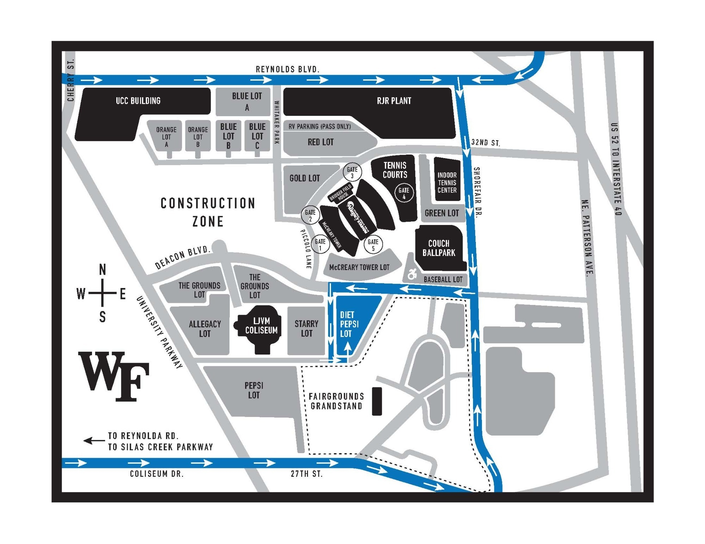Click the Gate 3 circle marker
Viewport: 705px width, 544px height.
(352, 172)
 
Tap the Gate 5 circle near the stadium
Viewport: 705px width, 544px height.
(373, 244)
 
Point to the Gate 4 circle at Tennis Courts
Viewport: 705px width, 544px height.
(404, 193)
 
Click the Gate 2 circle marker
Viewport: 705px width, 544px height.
(310, 215)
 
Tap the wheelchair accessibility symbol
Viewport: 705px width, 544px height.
(412, 274)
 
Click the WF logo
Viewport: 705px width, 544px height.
(114, 376)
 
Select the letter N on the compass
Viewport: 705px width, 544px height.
(102, 270)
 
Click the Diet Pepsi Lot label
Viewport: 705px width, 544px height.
(349, 324)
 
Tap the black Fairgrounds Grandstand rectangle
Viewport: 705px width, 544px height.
(377, 401)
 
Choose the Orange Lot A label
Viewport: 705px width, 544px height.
(166, 137)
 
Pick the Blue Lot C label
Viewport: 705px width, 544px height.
(257, 136)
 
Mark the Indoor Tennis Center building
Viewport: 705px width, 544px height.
(447, 182)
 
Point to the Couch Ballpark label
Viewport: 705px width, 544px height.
(439, 248)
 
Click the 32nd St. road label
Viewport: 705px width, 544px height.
(485, 143)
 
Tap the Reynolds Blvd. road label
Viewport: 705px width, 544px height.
(287, 69)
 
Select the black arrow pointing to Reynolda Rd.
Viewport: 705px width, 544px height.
(94, 440)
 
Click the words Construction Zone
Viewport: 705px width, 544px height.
(208, 212)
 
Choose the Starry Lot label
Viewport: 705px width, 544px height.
(306, 328)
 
